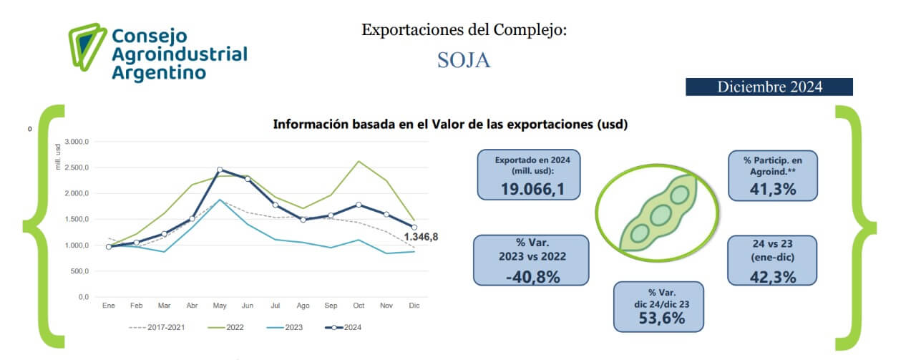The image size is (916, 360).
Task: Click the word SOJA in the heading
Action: [464, 60]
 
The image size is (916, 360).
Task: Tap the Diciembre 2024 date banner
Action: [769, 87]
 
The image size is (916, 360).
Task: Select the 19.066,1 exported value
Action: [529, 188]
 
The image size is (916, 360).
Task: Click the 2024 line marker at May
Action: [220, 170]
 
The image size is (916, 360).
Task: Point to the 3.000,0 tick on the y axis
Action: [76, 142]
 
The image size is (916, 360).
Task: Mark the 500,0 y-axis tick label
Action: [79, 271]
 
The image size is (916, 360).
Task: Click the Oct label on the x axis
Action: [359, 305]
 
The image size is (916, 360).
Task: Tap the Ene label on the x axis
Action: [109, 305]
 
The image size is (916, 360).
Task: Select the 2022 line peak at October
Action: [359, 161]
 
